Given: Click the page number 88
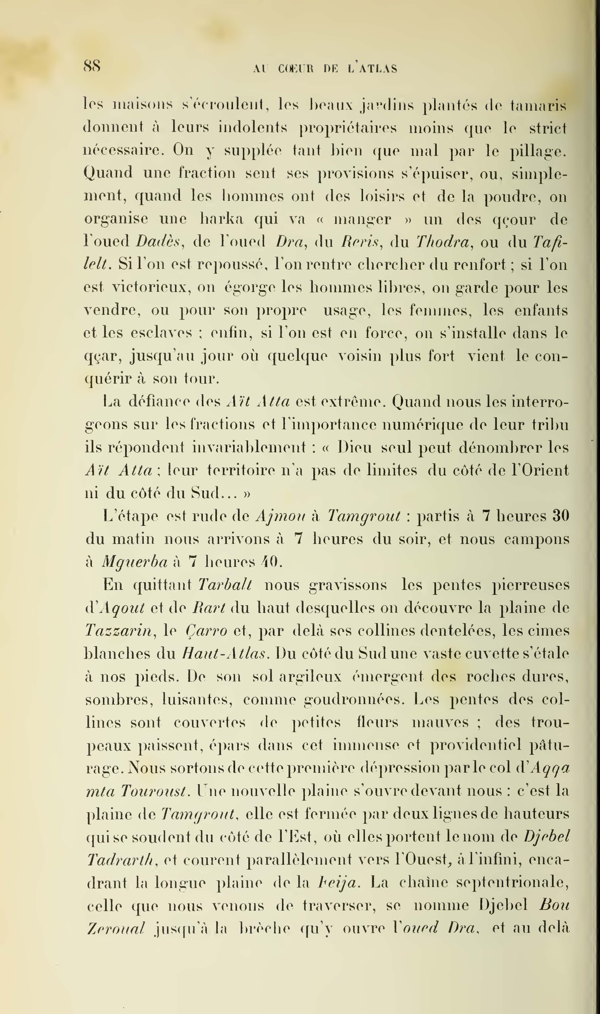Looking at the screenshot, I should coord(92,66).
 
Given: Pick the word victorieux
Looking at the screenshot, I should coord(152,288).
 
